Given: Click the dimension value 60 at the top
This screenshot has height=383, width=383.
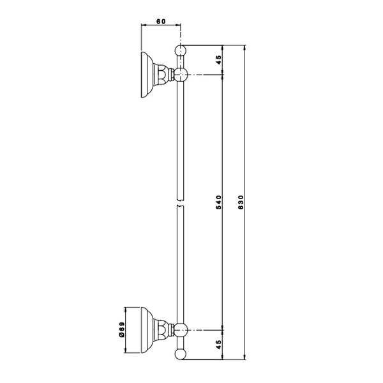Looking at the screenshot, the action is pyautogui.click(x=161, y=22).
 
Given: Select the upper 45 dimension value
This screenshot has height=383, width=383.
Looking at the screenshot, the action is pyautogui.click(x=218, y=60).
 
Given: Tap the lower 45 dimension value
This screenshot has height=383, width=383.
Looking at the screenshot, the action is pyautogui.click(x=218, y=345).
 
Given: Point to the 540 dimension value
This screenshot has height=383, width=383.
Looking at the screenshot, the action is pyautogui.click(x=218, y=202).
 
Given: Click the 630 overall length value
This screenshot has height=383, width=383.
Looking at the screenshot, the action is pyautogui.click(x=241, y=202).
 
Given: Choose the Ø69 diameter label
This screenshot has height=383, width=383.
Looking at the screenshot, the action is pyautogui.click(x=122, y=330).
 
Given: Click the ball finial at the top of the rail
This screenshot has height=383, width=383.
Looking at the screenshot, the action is pyautogui.click(x=181, y=50).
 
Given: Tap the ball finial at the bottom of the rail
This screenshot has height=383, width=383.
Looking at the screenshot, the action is pyautogui.click(x=181, y=354).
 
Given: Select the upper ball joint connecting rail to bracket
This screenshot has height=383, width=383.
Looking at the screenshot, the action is pyautogui.click(x=181, y=74).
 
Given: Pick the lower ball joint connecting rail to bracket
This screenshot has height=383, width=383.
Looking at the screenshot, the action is pyautogui.click(x=181, y=330).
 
